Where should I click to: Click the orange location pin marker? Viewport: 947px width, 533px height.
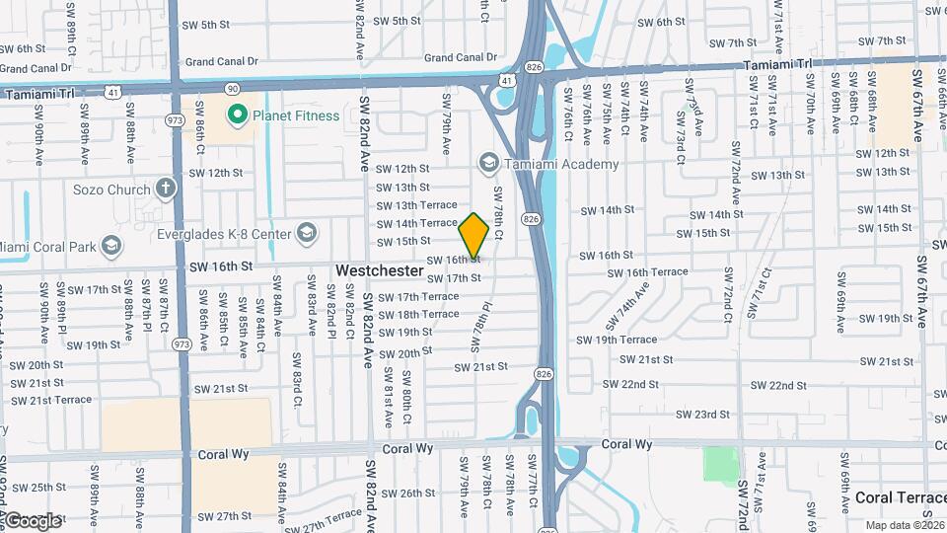click(473, 235)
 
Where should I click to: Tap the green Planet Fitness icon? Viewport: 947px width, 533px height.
click(237, 115)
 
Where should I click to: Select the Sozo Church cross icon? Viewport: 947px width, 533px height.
click(166, 189)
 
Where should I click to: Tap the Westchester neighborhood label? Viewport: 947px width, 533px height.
click(380, 269)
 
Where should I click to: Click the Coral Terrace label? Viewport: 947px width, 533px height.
click(899, 497)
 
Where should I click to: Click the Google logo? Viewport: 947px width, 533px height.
click(33, 520)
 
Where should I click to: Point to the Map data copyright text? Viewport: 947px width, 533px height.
click(905, 525)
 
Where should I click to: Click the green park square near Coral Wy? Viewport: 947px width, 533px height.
click(722, 465)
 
